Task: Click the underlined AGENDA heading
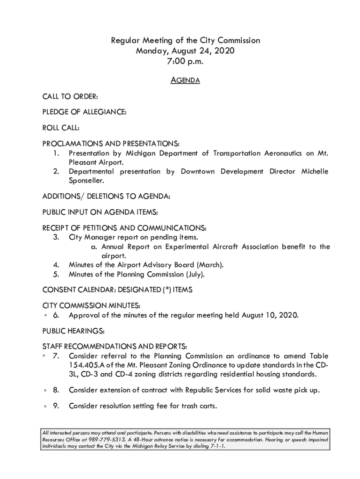[186, 80]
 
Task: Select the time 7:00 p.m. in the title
[186, 61]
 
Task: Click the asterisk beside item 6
[45, 316]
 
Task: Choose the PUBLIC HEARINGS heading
[73, 331]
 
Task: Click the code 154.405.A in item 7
[89, 365]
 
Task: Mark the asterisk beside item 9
[45, 406]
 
